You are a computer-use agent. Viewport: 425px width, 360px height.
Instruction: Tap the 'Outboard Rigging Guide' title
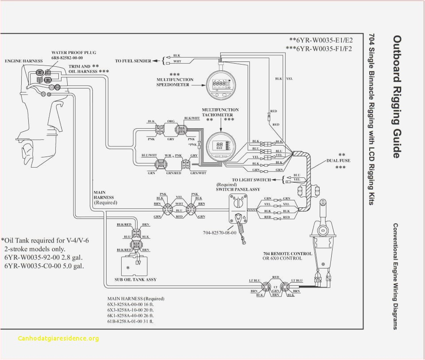(397, 96)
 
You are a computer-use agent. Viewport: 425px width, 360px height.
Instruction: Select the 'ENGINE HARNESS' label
(24, 61)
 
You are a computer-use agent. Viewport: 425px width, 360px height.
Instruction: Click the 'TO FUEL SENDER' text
(133, 61)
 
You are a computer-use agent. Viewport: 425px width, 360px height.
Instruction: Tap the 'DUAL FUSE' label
(339, 161)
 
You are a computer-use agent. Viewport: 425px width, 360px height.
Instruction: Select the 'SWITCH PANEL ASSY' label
(237, 189)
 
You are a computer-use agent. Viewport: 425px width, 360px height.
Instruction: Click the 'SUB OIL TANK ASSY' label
(135, 280)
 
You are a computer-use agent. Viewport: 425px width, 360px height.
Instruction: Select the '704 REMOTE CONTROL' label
(287, 253)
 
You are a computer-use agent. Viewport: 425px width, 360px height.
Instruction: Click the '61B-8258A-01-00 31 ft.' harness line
(130, 322)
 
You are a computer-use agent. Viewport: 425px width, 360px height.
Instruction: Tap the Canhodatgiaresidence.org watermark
(59, 339)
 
